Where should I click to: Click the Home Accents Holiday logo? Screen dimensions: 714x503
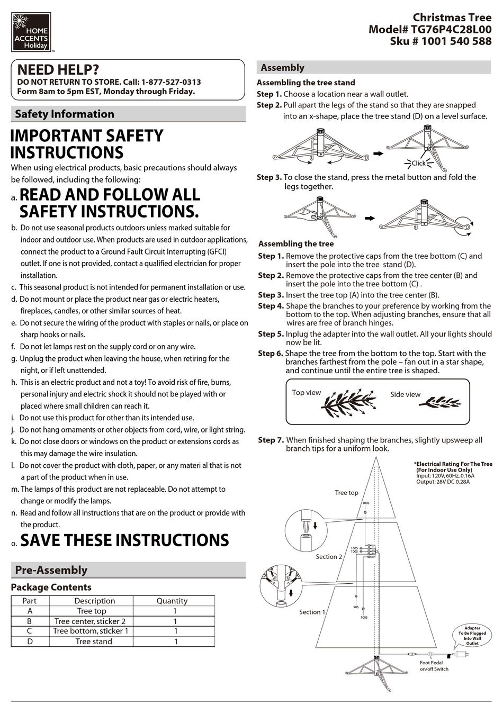click(31, 32)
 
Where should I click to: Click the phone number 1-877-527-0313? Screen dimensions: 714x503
click(171, 82)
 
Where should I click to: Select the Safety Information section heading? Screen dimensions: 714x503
click(65, 114)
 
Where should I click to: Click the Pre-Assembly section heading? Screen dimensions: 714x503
click(51, 570)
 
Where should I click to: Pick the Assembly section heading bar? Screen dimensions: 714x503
click(374, 67)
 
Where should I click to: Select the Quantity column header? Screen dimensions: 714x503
click(172, 601)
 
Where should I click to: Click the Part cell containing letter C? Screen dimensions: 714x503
click(30, 631)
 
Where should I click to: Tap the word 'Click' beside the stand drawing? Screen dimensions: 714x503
click(418, 163)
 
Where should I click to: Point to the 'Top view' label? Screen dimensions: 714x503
click(306, 393)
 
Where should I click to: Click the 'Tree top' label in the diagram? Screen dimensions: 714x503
click(346, 493)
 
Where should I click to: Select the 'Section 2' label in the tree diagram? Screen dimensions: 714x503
click(329, 557)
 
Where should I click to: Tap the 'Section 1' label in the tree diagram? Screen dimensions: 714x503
click(312, 612)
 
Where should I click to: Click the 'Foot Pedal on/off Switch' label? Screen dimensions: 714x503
click(434, 666)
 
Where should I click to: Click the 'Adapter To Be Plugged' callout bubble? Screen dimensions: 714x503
click(472, 635)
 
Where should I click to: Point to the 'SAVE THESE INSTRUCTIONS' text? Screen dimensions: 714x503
click(124, 540)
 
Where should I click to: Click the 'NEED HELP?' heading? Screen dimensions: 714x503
click(58, 70)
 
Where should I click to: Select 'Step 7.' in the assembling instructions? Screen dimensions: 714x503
click(271, 440)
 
